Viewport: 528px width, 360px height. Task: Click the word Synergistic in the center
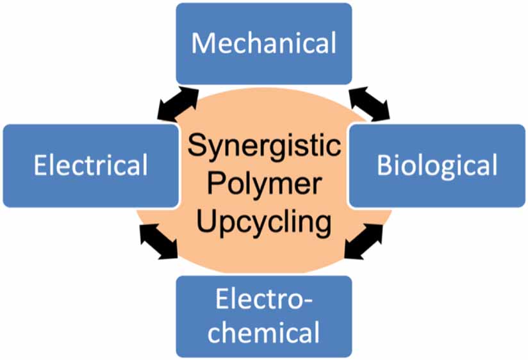(263, 147)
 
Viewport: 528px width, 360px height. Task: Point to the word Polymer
(263, 184)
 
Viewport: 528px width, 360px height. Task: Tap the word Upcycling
(263, 223)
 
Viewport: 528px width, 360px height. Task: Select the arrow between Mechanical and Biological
(368, 104)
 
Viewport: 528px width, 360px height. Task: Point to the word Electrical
(90, 165)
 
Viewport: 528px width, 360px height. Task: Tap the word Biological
(437, 165)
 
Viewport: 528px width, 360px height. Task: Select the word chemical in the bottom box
(263, 333)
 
